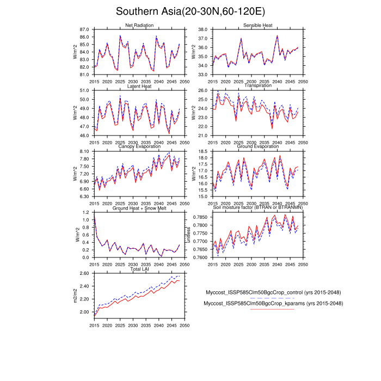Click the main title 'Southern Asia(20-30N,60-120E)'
(190, 11)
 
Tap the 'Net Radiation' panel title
(139, 25)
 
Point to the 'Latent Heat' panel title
(139, 86)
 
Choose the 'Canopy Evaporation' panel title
(139, 147)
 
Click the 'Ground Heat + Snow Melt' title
(139, 208)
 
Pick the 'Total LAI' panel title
(139, 269)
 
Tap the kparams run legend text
(273, 303)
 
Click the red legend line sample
(272, 309)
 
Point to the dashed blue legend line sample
(272, 298)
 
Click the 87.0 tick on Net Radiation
(84, 29)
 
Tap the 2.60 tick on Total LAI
(83, 273)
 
